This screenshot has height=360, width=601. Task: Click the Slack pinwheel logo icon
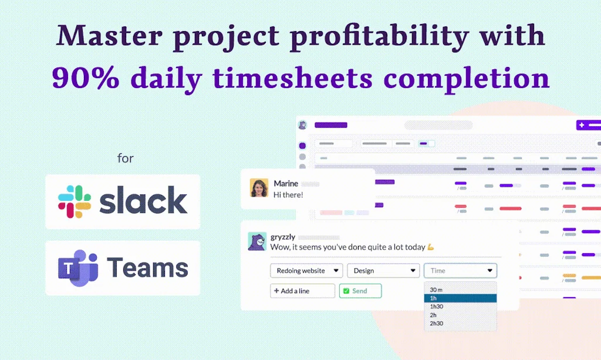pos(75,201)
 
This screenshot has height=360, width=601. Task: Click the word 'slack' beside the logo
pos(143,201)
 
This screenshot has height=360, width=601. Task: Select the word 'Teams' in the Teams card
pos(147,268)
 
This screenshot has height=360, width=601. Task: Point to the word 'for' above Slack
pos(125,158)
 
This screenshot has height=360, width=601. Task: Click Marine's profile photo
pos(259,188)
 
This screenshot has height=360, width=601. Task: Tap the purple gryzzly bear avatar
pos(257,241)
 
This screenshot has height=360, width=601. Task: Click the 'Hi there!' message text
pos(288,194)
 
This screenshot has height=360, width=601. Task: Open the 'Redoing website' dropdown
pos(306,271)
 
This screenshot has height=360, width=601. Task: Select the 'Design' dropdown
pos(383,271)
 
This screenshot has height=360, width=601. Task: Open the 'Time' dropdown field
pos(460,271)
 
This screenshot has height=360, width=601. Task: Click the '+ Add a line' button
pos(302,291)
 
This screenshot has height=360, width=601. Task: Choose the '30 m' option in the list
pos(436,290)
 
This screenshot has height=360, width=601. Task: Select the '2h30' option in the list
pos(437,323)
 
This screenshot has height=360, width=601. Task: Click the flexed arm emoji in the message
pos(430,247)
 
